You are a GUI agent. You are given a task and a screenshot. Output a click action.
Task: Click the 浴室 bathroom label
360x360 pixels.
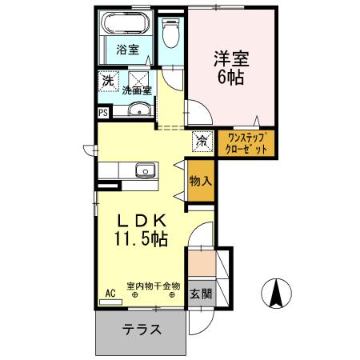pyautogui.click(x=128, y=50)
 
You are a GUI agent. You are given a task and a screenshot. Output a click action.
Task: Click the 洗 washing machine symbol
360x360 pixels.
pyautogui.click(x=106, y=80)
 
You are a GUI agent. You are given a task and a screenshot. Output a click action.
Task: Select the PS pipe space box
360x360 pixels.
pyautogui.click(x=103, y=112)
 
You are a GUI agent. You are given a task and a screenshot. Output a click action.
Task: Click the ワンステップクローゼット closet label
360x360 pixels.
pyautogui.click(x=246, y=143)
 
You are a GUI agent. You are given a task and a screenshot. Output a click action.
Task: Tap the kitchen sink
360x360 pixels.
pyautogui.click(x=146, y=170)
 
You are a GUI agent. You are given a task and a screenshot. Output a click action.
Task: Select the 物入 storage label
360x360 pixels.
pyautogui.click(x=200, y=182)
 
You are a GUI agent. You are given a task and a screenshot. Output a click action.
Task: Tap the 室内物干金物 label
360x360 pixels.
pyautogui.click(x=153, y=286)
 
